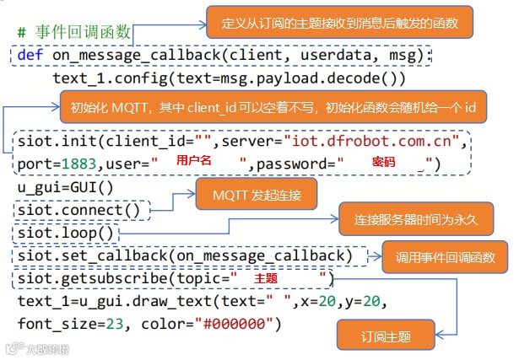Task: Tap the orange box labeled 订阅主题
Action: click(x=387, y=336)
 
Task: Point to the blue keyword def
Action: click(x=30, y=56)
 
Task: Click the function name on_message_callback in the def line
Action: click(x=135, y=56)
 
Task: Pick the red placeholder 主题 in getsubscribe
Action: click(x=266, y=277)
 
